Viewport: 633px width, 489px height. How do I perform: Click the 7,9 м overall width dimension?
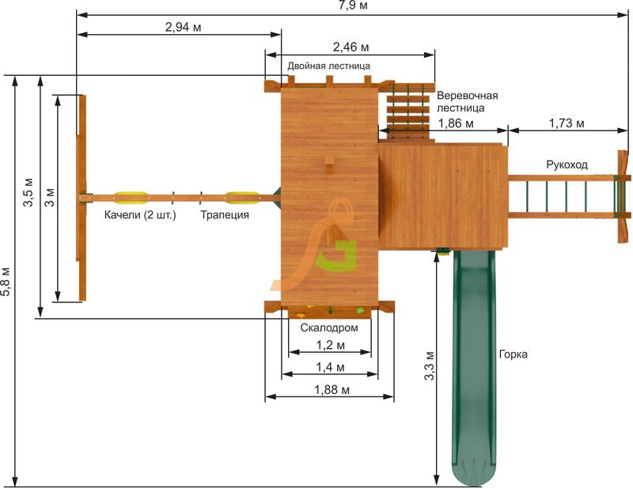tap(353, 6)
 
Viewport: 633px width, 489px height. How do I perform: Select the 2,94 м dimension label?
tap(183, 27)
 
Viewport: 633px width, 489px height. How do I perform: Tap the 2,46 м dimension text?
tap(351, 47)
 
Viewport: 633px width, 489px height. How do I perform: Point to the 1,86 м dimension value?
tap(456, 123)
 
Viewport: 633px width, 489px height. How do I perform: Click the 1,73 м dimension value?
tap(566, 123)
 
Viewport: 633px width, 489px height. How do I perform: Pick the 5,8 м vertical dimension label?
tap(6, 281)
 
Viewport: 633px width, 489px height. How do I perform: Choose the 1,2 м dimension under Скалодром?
tap(330, 345)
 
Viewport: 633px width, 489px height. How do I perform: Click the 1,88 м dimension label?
tap(332, 389)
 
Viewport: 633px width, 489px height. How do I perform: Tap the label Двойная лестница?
tap(328, 66)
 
